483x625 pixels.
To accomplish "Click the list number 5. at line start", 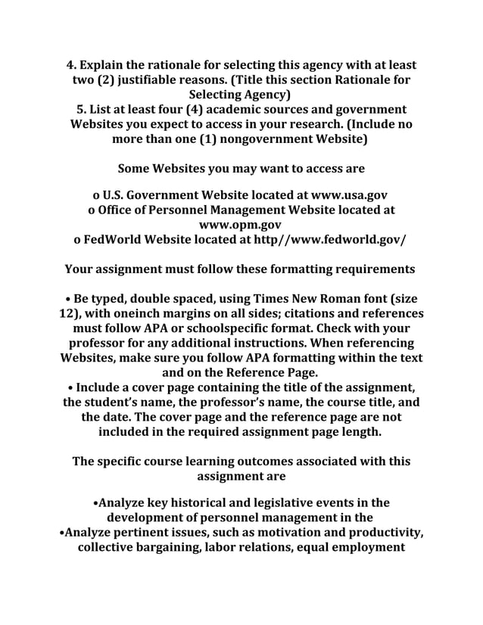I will pos(81,110).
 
